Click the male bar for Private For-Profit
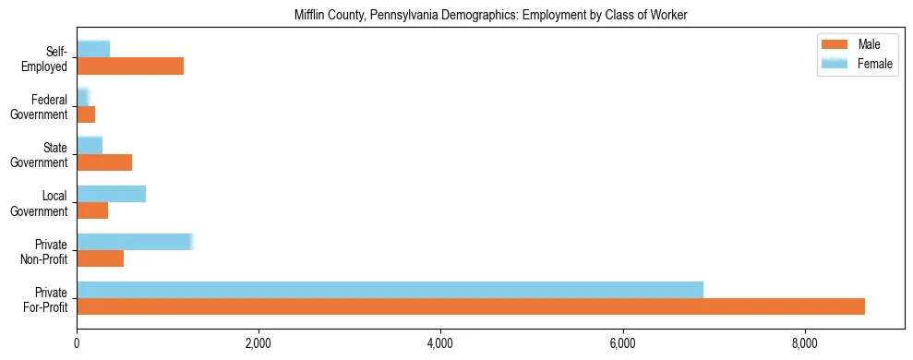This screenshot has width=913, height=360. pyautogui.click(x=471, y=306)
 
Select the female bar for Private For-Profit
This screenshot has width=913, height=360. pyautogui.click(x=390, y=290)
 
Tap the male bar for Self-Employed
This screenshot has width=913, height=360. pyautogui.click(x=130, y=66)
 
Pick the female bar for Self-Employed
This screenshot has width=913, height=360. pyautogui.click(x=93, y=49)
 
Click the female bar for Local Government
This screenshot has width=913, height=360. pyautogui.click(x=111, y=194)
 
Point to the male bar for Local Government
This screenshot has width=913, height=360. pyautogui.click(x=92, y=210)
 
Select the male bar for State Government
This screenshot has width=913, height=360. pyautogui.click(x=104, y=162)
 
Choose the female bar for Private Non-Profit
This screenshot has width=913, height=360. pyautogui.click(x=134, y=242)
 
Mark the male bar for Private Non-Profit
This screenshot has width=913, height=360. pyautogui.click(x=100, y=258)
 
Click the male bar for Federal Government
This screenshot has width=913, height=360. pyautogui.click(x=86, y=114)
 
